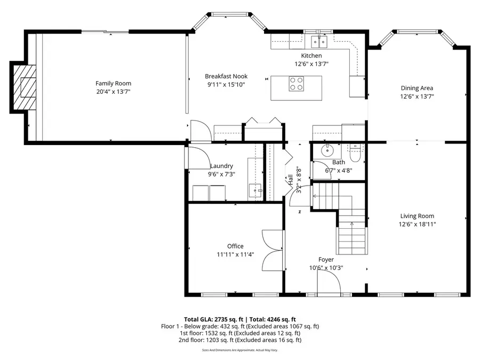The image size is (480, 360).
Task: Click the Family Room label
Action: click(113, 83)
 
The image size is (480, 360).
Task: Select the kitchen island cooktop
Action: click(296, 84)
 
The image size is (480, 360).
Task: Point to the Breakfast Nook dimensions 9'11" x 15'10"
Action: click(226, 85)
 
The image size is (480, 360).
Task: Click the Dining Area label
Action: click(417, 88)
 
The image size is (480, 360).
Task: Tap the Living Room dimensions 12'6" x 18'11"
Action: click(417, 225)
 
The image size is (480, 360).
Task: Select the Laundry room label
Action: click(221, 166)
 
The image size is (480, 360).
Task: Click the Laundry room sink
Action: click(255, 189)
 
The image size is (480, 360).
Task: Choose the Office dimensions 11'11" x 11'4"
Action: click(235, 254)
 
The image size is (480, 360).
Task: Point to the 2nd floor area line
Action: click(239, 340)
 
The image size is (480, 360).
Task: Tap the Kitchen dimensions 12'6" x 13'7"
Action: click(311, 63)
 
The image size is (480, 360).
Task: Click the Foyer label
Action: click(326, 260)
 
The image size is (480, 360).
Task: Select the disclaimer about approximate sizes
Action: click(240, 350)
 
